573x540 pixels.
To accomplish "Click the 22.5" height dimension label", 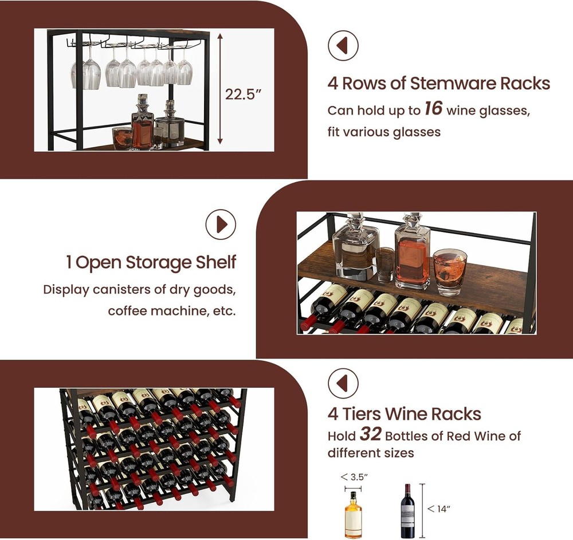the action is pos(244,94).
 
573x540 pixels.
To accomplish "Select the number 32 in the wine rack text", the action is pos(371,433).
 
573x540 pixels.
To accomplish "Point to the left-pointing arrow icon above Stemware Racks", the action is pos(343,46).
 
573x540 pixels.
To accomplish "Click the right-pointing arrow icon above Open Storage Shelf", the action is pos(221,224).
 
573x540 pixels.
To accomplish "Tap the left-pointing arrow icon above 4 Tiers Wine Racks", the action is pos(343,383).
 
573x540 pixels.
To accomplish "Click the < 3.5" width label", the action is pos(354,477).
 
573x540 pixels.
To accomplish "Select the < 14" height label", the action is pos(438,509).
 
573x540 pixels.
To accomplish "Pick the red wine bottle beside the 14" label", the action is pos(408,511).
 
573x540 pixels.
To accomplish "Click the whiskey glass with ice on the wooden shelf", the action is pos(450,271).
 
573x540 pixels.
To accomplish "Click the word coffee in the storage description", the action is pos(128,311).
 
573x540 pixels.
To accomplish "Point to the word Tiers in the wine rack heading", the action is pos(362,413).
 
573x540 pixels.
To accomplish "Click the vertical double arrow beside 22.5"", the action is pos(220,88).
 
